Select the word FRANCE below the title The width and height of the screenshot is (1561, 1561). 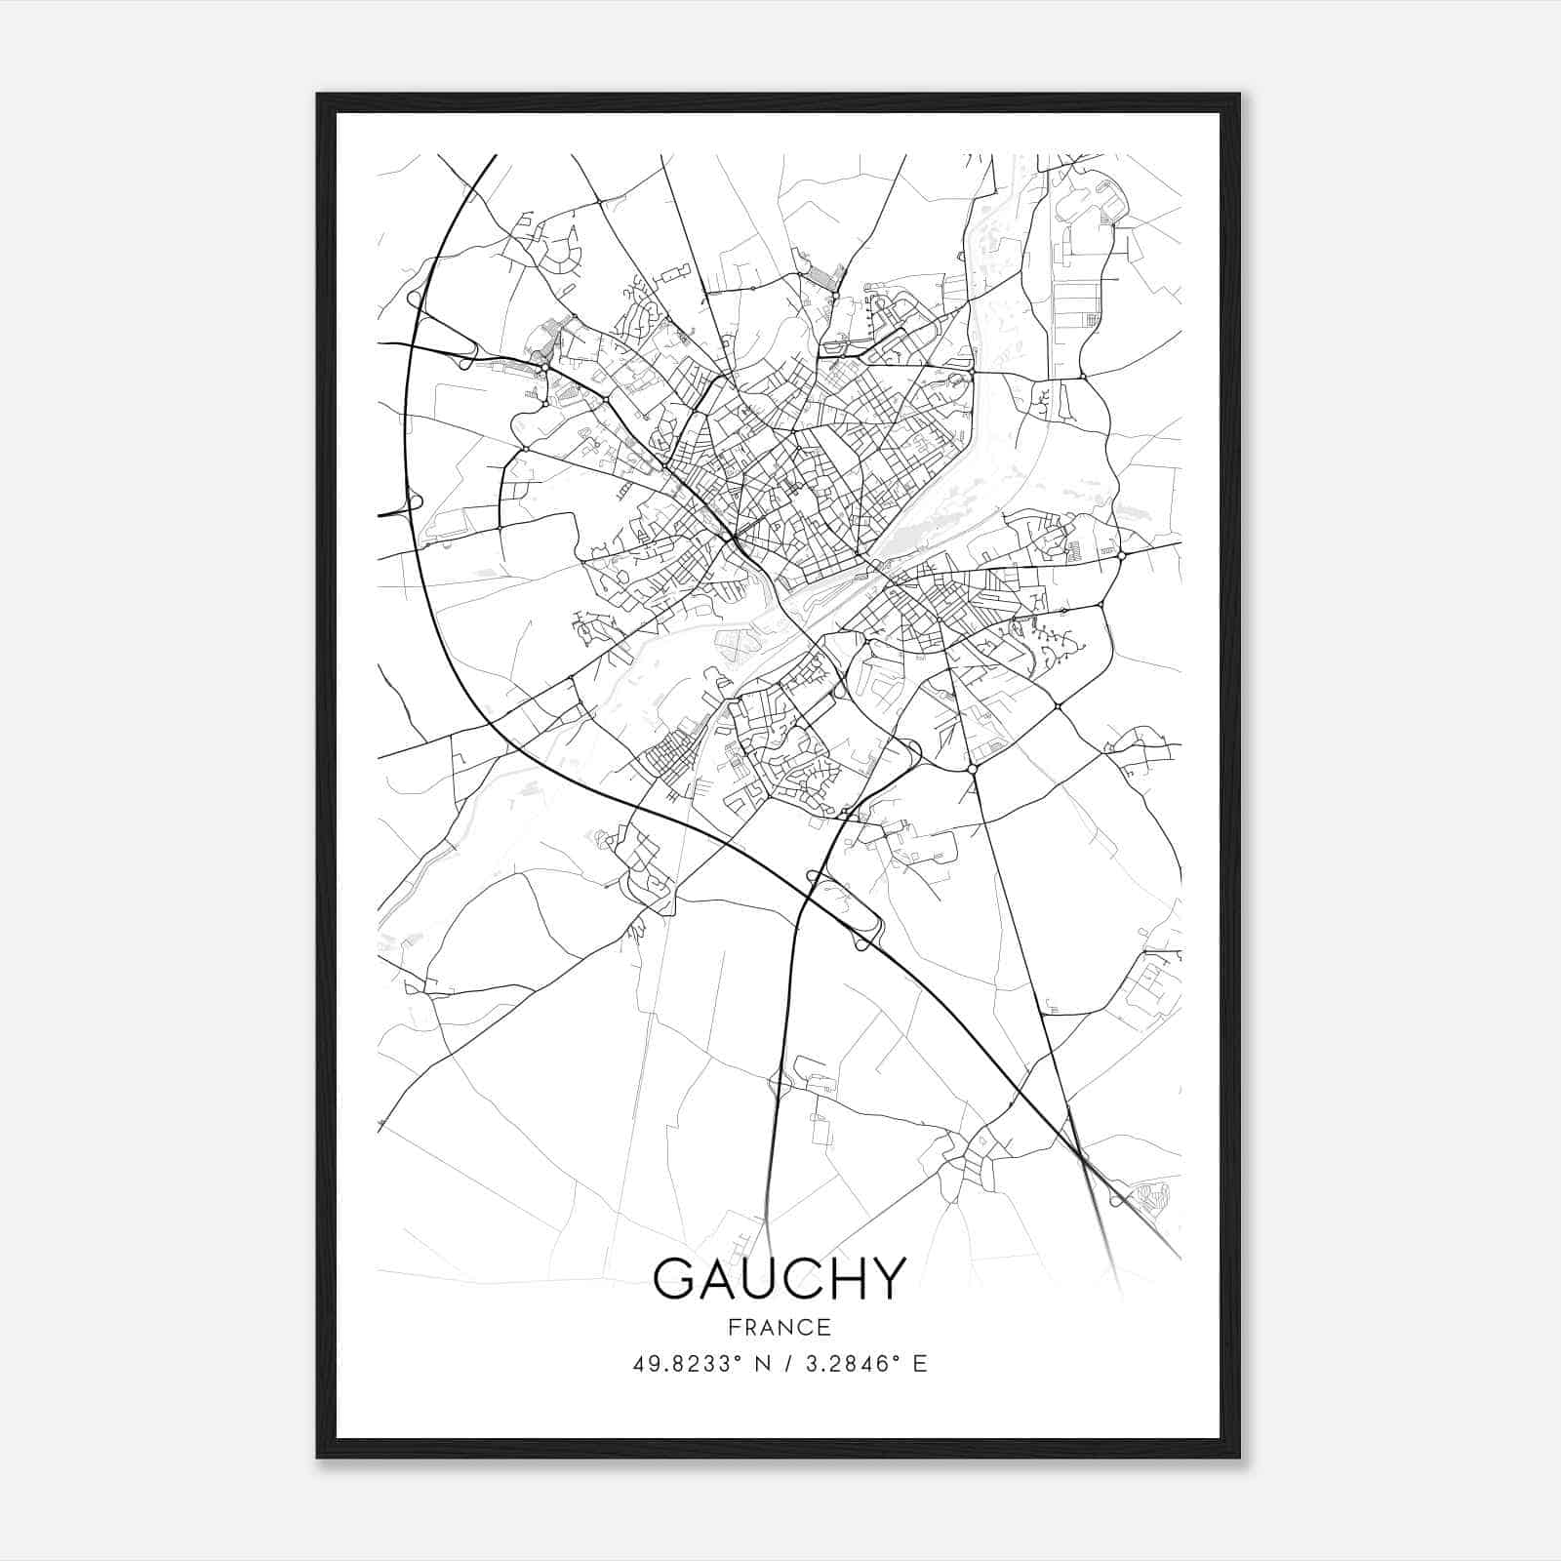pyautogui.click(x=779, y=1327)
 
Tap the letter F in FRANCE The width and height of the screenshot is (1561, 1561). pyautogui.click(x=732, y=1327)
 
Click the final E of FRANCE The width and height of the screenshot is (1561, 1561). pyautogui.click(x=824, y=1327)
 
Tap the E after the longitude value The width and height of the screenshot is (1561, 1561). pyautogui.click(x=920, y=1364)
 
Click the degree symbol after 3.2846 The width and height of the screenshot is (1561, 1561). pyautogui.click(x=899, y=1358)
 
